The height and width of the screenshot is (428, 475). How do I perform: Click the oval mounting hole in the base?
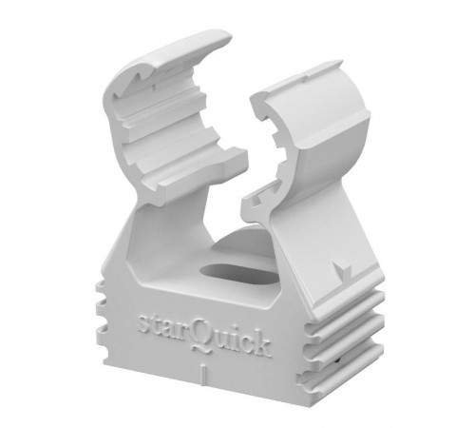click(x=239, y=274)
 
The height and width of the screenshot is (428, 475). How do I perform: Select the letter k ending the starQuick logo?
click(x=261, y=345)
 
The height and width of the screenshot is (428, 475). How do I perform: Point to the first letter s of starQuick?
click(x=143, y=323)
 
